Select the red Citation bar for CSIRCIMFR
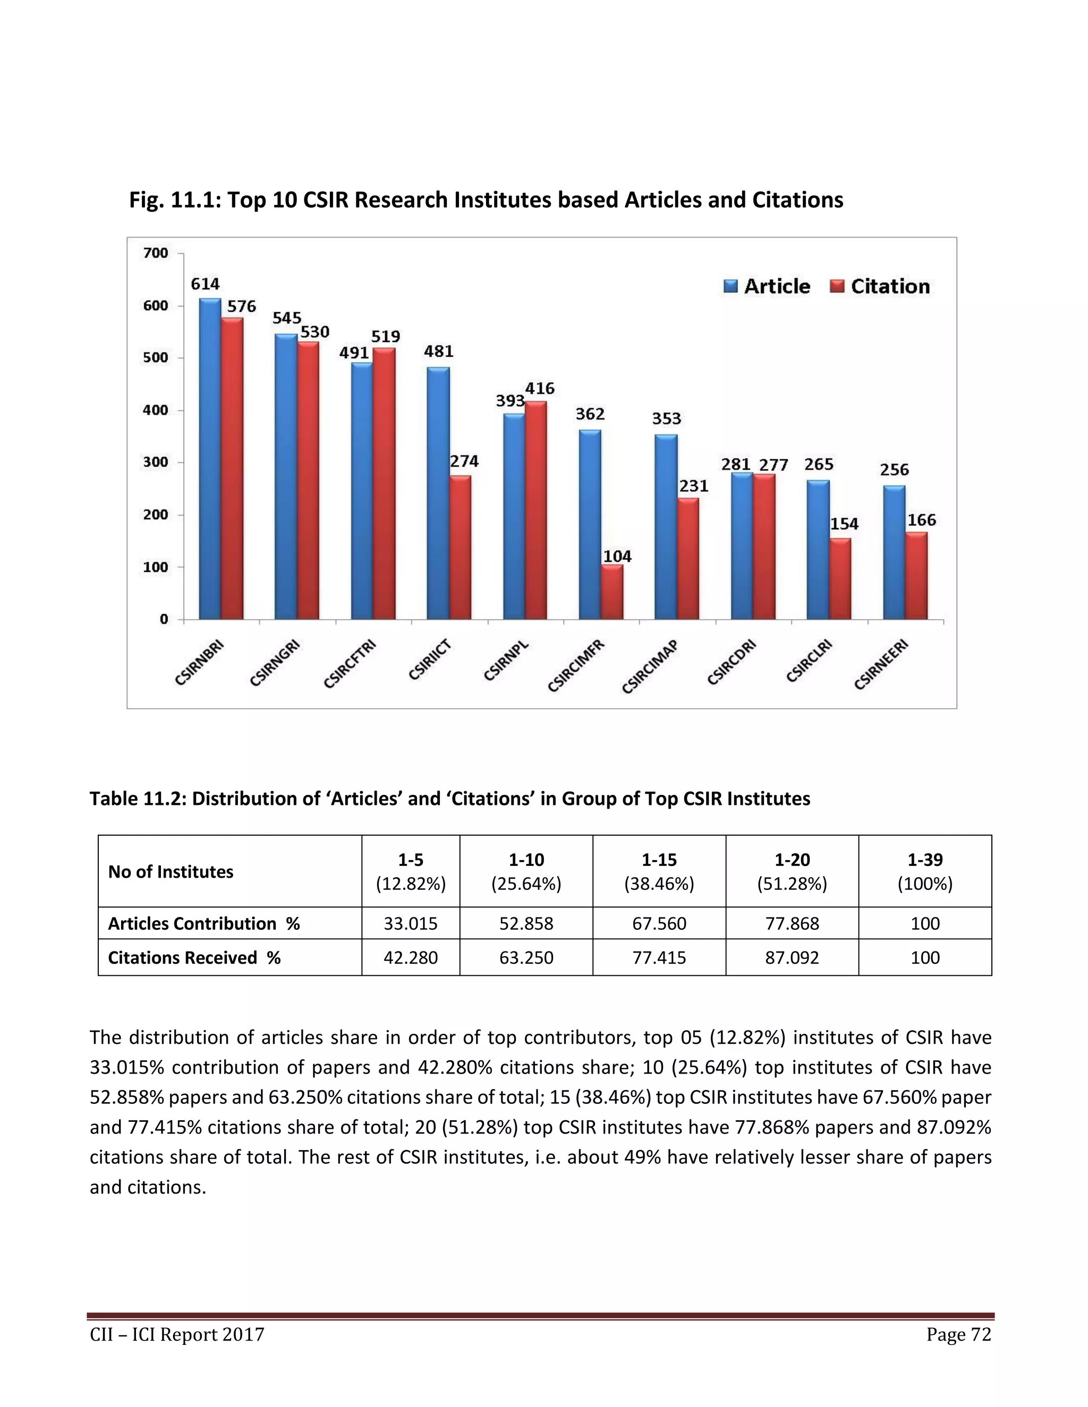(613, 591)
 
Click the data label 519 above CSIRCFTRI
(386, 336)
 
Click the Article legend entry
(767, 286)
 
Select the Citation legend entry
(880, 286)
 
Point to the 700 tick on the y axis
(155, 253)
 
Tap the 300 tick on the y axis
(155, 462)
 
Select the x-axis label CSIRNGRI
(276, 664)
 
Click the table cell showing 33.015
(411, 923)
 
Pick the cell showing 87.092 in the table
(792, 957)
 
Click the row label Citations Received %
(194, 957)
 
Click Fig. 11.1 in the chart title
(170, 200)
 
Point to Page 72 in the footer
(958, 1334)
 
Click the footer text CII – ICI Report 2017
(177, 1334)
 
